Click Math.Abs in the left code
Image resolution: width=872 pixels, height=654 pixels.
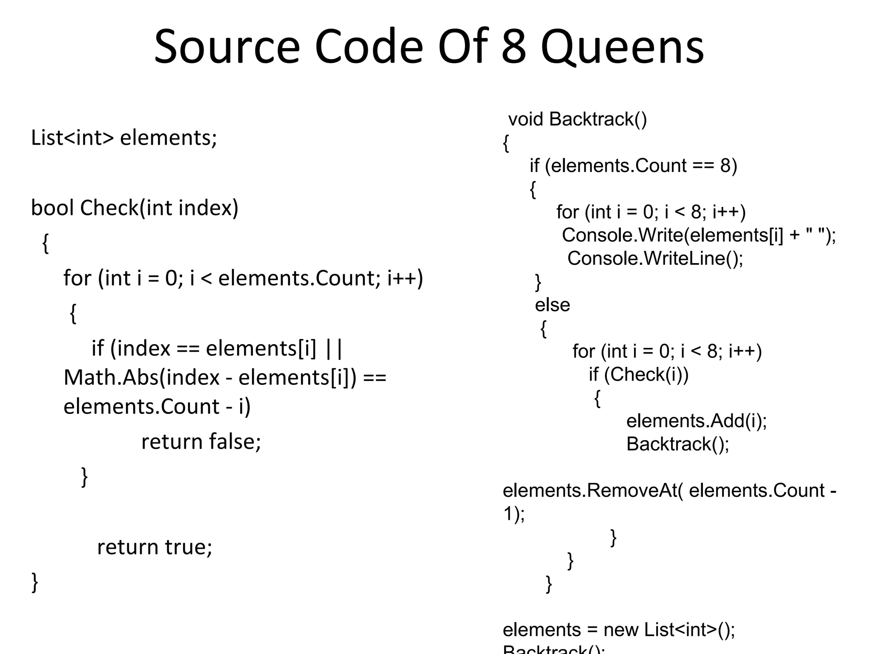click(x=111, y=377)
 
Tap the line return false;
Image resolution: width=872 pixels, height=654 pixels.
click(x=201, y=441)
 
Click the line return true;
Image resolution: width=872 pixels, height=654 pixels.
click(x=155, y=547)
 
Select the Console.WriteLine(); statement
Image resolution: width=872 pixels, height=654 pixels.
click(x=655, y=258)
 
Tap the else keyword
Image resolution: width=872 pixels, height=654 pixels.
click(x=552, y=305)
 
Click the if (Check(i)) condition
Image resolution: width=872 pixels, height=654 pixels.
click(x=639, y=375)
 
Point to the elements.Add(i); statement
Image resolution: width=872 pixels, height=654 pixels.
click(x=697, y=421)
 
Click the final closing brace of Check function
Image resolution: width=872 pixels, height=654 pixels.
click(x=35, y=582)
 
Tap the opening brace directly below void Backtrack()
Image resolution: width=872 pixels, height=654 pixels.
click(x=506, y=143)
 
